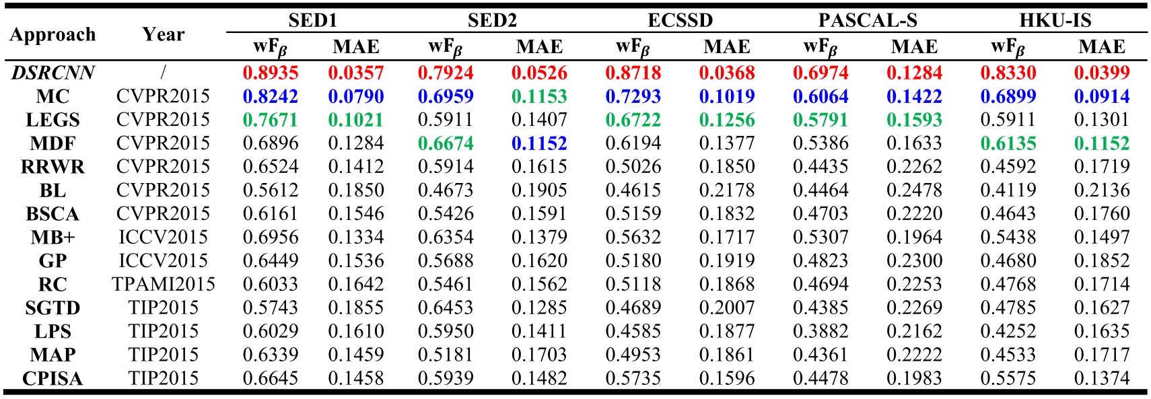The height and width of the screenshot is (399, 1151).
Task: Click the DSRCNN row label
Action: [x=53, y=72]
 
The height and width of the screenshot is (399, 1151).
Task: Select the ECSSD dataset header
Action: [x=680, y=20]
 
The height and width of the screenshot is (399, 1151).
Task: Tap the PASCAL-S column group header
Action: [x=867, y=20]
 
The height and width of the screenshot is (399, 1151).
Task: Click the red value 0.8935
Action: [x=271, y=72]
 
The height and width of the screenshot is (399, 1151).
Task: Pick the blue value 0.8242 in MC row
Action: [x=271, y=96]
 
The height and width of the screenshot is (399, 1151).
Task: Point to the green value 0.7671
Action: [x=271, y=119]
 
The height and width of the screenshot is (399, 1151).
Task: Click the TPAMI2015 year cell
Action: [x=163, y=284]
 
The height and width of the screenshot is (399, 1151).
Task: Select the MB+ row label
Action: [x=53, y=237]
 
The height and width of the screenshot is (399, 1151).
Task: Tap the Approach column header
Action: [x=53, y=34]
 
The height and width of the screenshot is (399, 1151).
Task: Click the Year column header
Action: [x=163, y=34]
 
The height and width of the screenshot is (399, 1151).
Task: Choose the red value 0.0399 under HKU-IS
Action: [x=1102, y=72]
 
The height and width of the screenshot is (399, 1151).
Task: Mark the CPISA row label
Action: [x=53, y=378]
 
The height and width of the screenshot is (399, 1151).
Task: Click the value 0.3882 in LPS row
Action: [x=821, y=331]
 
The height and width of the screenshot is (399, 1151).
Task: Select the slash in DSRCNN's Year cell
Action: [x=163, y=72]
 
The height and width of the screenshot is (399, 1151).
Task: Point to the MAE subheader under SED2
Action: [x=539, y=46]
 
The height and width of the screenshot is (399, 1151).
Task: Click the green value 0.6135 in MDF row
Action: [x=1008, y=143]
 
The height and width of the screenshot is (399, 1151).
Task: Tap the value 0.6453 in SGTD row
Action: [x=446, y=307]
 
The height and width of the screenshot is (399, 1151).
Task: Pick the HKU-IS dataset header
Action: [x=1055, y=20]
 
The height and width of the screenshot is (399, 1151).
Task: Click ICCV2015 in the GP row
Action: [x=163, y=260]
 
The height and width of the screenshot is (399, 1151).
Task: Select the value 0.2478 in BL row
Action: [x=914, y=190]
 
